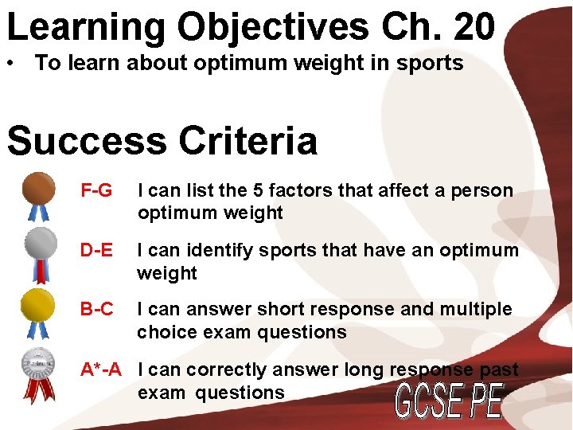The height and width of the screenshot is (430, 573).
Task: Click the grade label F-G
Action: [x=96, y=191]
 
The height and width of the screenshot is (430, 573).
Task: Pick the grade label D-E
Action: [x=96, y=251]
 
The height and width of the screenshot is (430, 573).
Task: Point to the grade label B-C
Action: [x=96, y=309]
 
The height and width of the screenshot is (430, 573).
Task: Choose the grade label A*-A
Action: [x=101, y=369]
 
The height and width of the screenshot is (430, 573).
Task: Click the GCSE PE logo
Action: [x=450, y=400]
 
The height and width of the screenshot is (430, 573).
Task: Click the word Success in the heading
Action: [x=85, y=141]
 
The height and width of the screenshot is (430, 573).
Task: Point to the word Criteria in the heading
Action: [x=246, y=141]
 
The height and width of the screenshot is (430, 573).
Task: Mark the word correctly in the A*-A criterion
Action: [x=221, y=369]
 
